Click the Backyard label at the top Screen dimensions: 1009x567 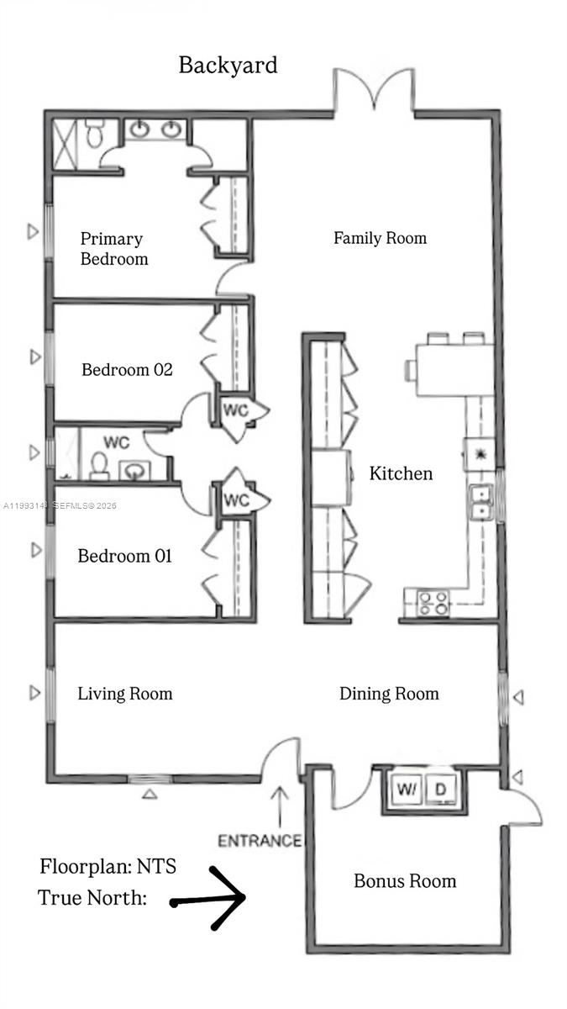pyautogui.click(x=228, y=66)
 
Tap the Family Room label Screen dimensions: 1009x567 pyautogui.click(x=380, y=238)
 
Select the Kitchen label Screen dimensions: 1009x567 pyautogui.click(x=401, y=473)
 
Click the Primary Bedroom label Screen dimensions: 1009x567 pyautogui.click(x=113, y=249)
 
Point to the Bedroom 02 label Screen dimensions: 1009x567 pyautogui.click(x=127, y=369)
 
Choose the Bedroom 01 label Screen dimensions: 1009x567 pyautogui.click(x=124, y=556)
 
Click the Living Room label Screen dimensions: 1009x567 pyautogui.click(x=124, y=694)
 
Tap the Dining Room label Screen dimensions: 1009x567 pyautogui.click(x=389, y=694)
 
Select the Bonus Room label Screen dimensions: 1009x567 pyautogui.click(x=405, y=881)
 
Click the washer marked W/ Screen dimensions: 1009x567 pyautogui.click(x=407, y=790)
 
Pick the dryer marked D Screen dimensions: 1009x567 pyautogui.click(x=440, y=790)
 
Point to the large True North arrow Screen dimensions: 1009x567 pyautogui.click(x=210, y=899)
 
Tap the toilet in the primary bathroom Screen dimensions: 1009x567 pyautogui.click(x=93, y=133)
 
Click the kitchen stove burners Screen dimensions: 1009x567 pyautogui.click(x=433, y=603)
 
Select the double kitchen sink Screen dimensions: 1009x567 pyautogui.click(x=481, y=501)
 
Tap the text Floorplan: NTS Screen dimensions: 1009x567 pyautogui.click(x=108, y=867)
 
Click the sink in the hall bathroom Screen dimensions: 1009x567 pyautogui.click(x=134, y=470)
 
